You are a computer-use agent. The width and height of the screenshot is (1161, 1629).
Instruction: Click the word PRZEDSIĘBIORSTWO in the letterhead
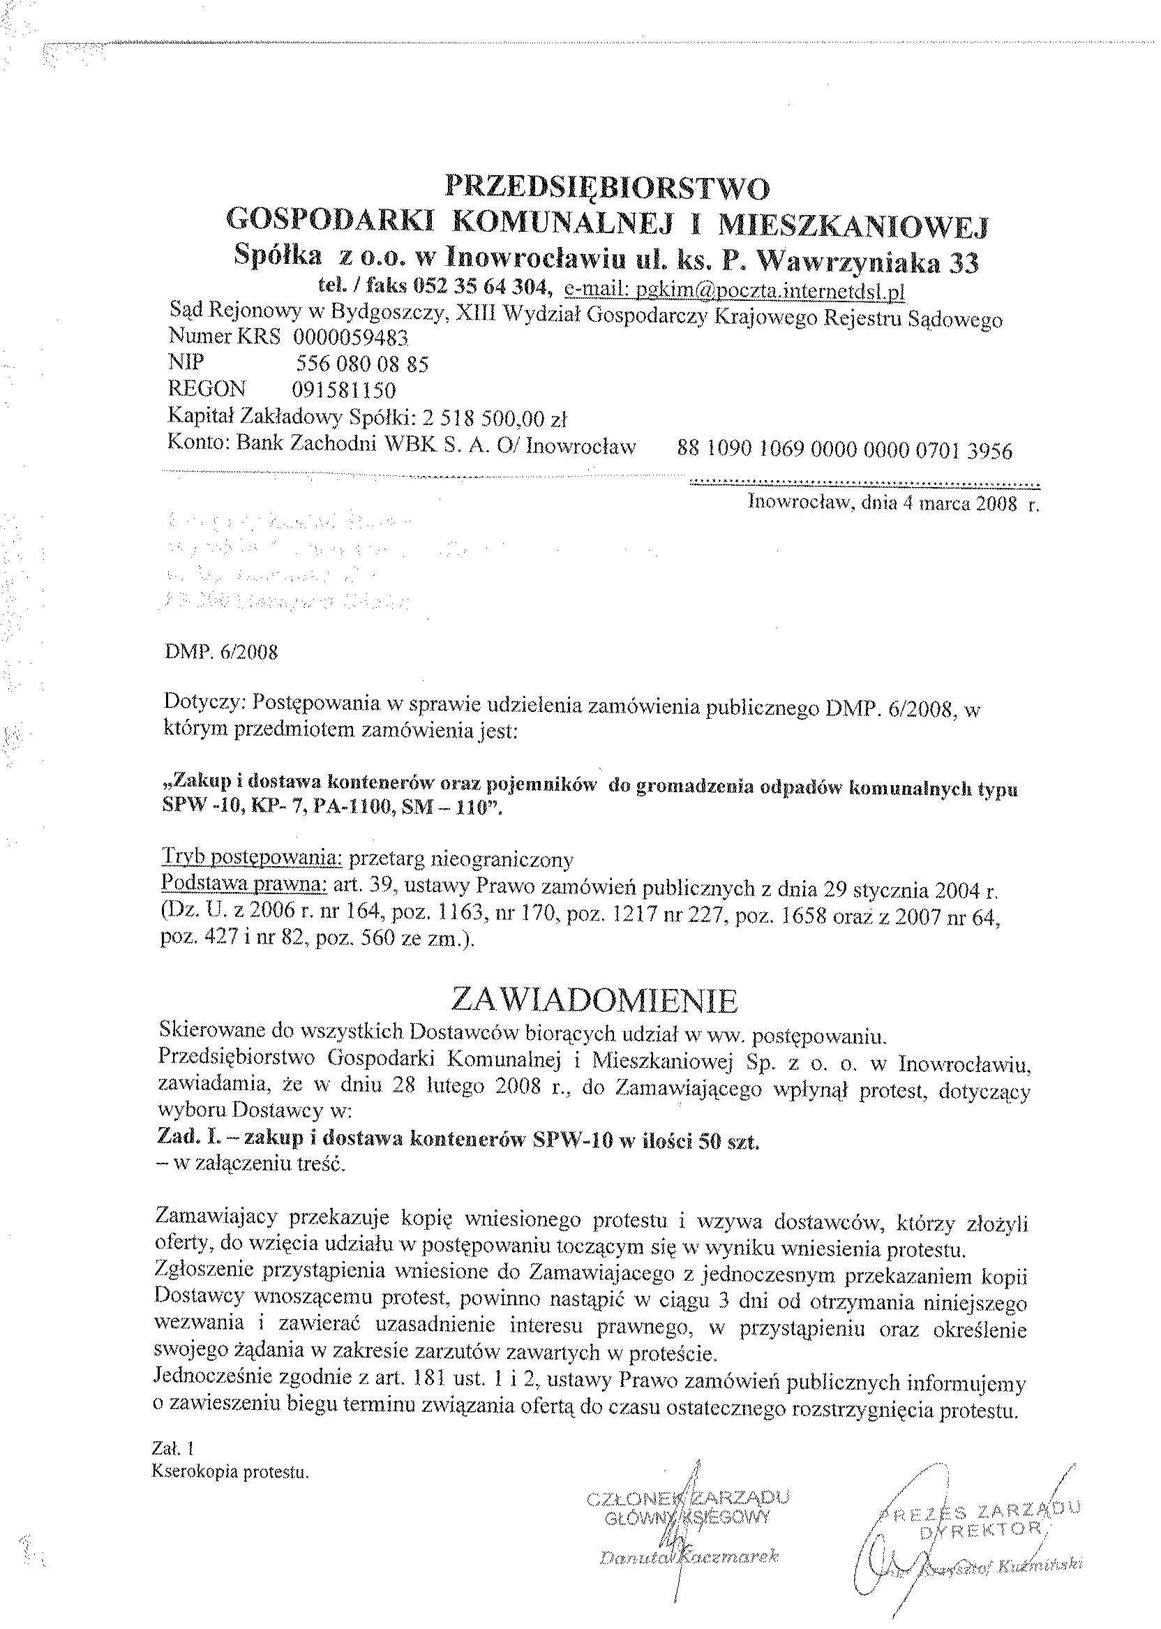[608, 188]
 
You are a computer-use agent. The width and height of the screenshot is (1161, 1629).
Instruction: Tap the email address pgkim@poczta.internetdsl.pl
[735, 290]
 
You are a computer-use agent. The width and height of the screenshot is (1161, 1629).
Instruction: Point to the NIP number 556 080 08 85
[362, 364]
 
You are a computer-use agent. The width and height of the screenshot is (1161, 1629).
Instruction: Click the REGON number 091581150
[343, 390]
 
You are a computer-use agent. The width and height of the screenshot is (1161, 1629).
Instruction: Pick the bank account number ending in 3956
[844, 450]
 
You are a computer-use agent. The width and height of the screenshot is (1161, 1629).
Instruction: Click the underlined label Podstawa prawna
[244, 884]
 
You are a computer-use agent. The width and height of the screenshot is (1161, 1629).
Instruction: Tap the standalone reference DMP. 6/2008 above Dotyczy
[220, 652]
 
